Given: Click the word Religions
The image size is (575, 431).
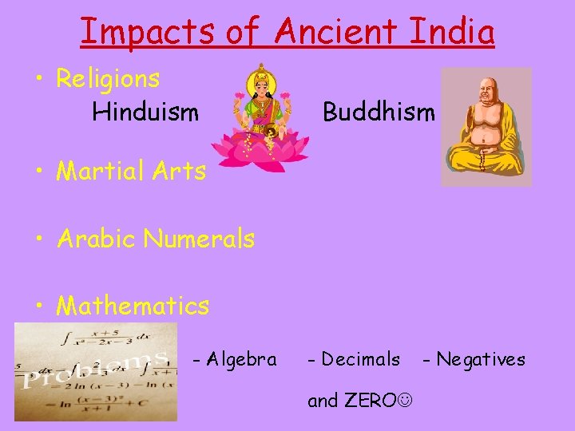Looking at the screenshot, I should [x=108, y=79].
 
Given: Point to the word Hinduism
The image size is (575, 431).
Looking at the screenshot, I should [x=145, y=112].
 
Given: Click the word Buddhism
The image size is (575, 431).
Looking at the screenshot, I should [x=379, y=112].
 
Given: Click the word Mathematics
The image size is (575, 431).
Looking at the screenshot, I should [x=133, y=306].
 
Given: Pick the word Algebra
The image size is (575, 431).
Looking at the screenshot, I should [x=240, y=359].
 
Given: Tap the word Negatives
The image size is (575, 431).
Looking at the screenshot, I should [x=480, y=359].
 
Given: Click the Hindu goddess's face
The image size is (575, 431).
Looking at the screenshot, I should [x=260, y=85].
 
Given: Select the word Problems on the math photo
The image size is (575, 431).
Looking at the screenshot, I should [x=96, y=367].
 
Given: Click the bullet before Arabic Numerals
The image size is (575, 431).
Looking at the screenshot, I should [x=38, y=239].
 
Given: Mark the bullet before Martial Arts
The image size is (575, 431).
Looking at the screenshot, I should [x=38, y=170].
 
